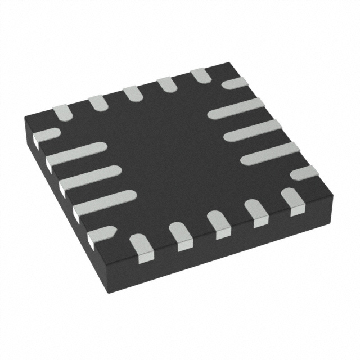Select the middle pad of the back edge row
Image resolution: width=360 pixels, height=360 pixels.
133,93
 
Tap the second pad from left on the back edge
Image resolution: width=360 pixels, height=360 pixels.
98,102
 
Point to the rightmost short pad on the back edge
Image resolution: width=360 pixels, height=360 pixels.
201,75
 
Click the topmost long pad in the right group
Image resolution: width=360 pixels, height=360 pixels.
236,108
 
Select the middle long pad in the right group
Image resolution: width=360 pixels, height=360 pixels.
252,130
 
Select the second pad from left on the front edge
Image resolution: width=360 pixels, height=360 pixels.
180,236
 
